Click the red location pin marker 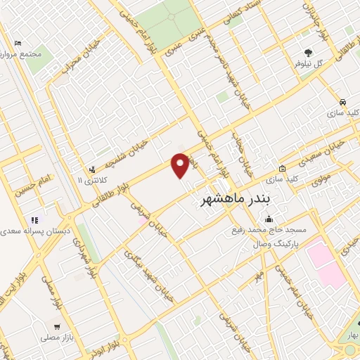pyautogui.click(x=181, y=165)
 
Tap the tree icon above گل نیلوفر pyautogui.click(x=308, y=52)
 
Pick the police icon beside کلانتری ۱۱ pyautogui.click(x=92, y=169)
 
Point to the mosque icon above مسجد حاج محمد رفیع pyautogui.click(x=271, y=219)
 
